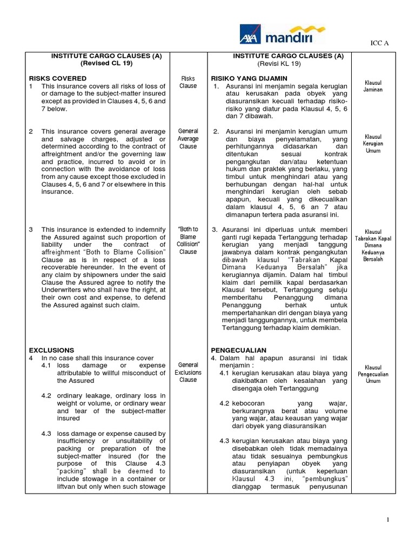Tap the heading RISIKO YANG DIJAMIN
[x=246, y=78]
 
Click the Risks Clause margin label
[x=188, y=82]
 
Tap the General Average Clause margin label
[x=188, y=139]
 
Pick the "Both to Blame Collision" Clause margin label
[x=188, y=240]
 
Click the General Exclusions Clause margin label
[x=188, y=373]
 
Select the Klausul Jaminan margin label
[x=373, y=86]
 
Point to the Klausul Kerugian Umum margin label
[x=373, y=144]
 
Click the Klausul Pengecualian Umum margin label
[x=373, y=373]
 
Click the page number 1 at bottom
[x=387, y=520]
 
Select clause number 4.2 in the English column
[x=46, y=396]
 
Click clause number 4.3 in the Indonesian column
[x=225, y=441]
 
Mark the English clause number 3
[x=31, y=230]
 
